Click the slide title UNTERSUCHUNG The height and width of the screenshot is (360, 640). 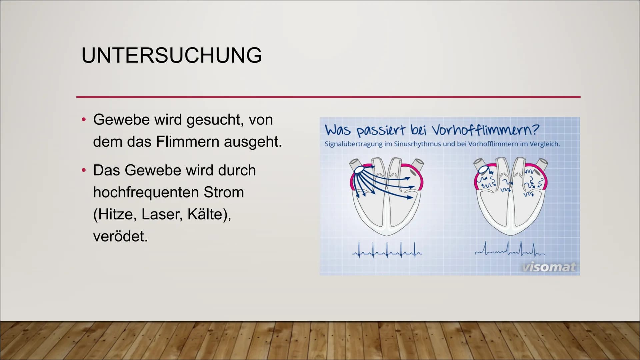coord(172,55)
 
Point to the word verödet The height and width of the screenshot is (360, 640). coord(120,236)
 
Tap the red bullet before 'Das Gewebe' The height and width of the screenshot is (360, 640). coord(84,170)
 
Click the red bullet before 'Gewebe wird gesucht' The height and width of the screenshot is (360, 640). coord(84,120)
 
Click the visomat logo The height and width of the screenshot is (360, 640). coord(549,267)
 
